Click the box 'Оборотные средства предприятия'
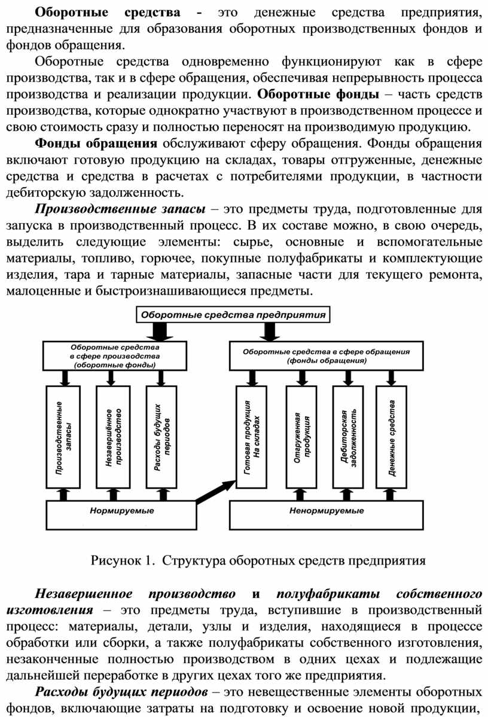pos(233,315)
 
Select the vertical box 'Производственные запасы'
pos(63,437)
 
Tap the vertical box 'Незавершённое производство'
pos(113,437)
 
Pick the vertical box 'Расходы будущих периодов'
pos(161,437)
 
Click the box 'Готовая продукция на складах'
pos(251,437)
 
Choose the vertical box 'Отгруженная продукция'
pos(301,437)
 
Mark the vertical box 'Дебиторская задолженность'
pos(348,437)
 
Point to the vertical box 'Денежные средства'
pos(391,437)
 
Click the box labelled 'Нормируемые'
pos(121,515)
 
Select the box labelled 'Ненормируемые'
pos(326,515)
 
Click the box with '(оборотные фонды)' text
pos(114,355)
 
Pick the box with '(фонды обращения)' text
pos(326,355)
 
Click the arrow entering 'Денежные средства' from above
pos(391,378)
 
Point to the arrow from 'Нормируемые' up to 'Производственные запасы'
pos(63,495)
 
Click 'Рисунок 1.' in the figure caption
pos(121,560)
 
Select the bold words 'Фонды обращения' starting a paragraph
pos(96,144)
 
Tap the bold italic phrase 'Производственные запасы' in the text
pos(120,209)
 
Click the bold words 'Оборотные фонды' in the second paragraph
pos(318,94)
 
